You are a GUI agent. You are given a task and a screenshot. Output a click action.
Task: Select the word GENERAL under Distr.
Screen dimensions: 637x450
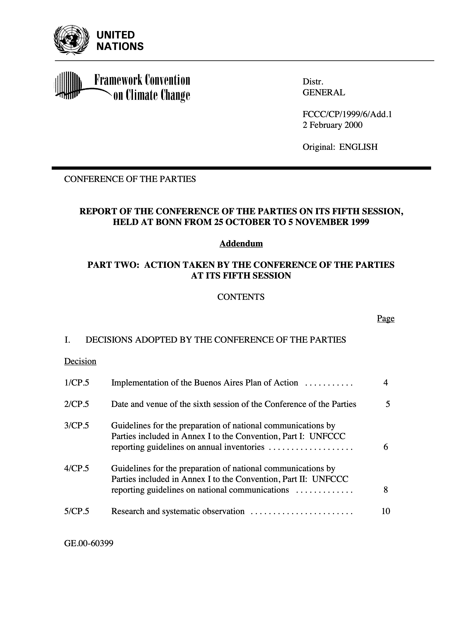[323, 92]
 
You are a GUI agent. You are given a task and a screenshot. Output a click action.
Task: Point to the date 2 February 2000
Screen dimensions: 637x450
[332, 125]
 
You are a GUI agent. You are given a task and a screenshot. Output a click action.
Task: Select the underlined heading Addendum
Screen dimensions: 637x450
[241, 243]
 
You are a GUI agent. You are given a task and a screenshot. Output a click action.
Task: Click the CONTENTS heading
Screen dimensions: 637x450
[241, 297]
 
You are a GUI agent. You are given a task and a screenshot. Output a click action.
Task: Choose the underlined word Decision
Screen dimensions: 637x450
[80, 361]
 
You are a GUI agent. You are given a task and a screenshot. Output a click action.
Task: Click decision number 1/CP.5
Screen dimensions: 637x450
[77, 383]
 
